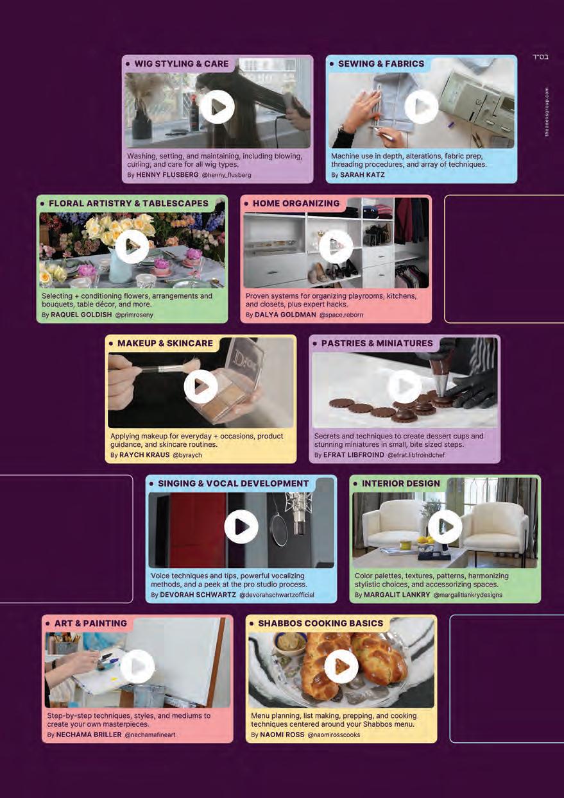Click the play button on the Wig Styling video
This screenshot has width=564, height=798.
coord(218,107)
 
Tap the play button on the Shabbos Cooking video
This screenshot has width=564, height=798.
coord(341,666)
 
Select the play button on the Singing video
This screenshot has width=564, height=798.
coord(241,526)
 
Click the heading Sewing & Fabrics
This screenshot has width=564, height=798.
coord(381,63)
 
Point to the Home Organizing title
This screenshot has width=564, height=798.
coord(296,203)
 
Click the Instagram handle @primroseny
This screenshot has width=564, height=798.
coord(134,315)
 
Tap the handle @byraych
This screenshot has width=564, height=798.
coord(187,455)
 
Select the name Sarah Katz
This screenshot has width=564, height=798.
coord(362,175)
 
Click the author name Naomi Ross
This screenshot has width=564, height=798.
coord(282,735)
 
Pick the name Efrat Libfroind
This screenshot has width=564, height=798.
coord(354,455)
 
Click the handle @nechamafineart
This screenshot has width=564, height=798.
coord(150,735)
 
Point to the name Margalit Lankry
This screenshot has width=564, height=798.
coord(397,595)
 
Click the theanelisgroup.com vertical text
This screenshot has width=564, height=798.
coord(547,112)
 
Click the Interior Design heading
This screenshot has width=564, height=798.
coord(400,483)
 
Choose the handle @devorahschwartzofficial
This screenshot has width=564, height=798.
coord(277,595)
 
